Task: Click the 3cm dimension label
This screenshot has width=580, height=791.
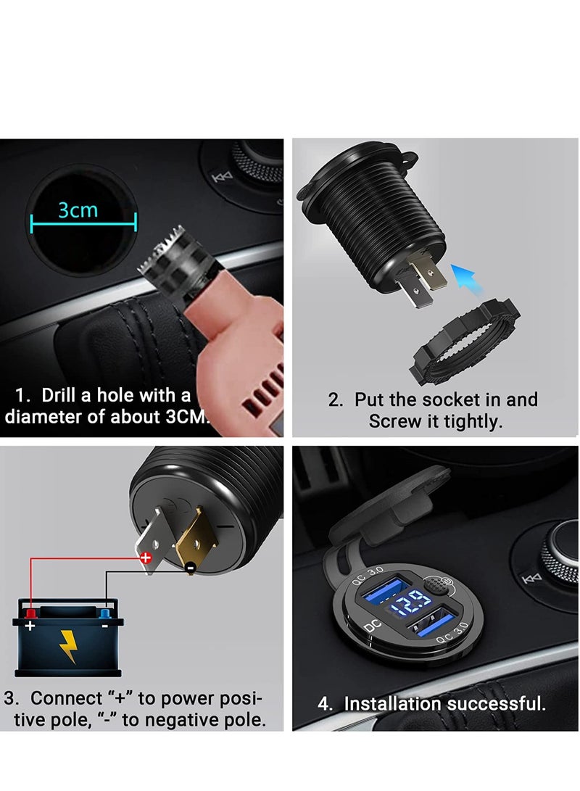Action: (78, 210)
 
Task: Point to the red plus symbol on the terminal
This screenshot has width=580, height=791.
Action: (145, 558)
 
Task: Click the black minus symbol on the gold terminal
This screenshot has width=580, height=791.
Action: (189, 569)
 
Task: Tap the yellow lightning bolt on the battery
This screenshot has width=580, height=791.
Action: (67, 647)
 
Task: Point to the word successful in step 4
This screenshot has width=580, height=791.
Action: (496, 703)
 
